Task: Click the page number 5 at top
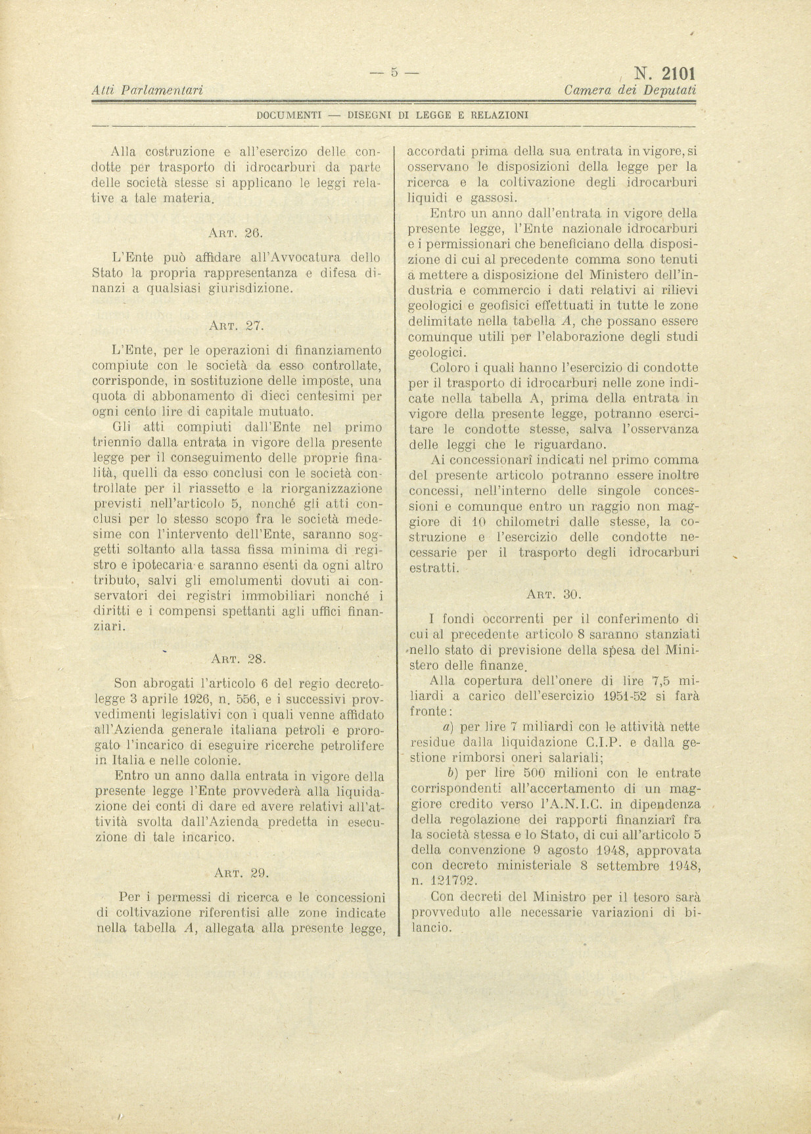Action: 394,73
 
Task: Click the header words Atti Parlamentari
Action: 147,90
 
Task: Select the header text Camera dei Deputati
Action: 630,90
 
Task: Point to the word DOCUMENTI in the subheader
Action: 289,115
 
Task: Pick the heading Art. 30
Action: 553,594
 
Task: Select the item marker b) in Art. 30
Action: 452,773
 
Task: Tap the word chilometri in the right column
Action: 532,522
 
